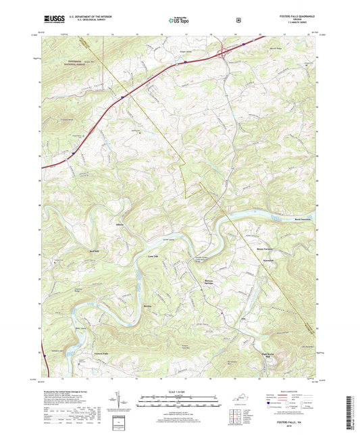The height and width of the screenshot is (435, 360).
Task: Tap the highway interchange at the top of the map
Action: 223,51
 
